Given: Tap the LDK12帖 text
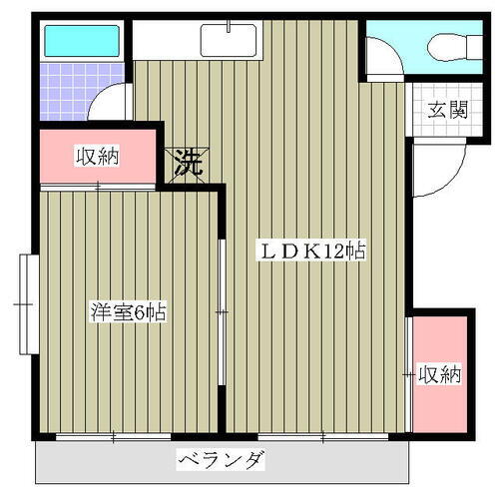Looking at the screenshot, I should [312, 251].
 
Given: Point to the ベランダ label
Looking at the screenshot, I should [223, 460].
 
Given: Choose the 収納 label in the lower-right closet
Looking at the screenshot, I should [440, 375].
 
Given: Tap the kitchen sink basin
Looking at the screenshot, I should [229, 41].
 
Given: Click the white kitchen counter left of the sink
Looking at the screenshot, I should [165, 41].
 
